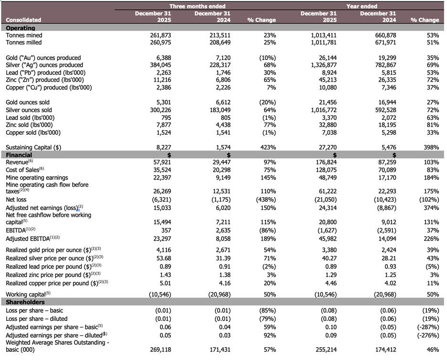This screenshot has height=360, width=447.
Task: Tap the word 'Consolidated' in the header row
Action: pyautogui.click(x=23, y=20)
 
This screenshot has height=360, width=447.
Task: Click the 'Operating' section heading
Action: pyautogui.click(x=21, y=28)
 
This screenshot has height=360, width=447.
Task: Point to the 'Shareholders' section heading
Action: pyautogui.click(x=25, y=302)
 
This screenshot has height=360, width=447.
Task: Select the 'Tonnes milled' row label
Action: pyautogui.click(x=24, y=42)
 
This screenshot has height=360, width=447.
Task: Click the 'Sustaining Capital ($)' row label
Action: pyautogui.click(x=33, y=148)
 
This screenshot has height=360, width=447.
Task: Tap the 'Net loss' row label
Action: pyautogui.click(x=17, y=199)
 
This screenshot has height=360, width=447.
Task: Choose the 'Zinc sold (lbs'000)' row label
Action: pyautogui.click(x=30, y=125)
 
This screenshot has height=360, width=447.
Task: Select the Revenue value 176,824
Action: pyautogui.click(x=325, y=162)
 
